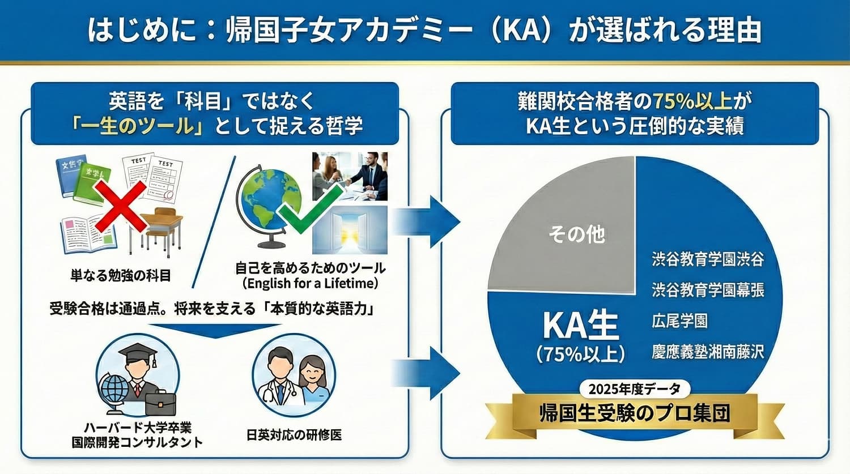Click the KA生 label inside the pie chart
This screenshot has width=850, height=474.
580,325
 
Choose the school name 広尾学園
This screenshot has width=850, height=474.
679,321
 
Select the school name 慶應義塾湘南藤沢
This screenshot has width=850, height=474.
708,352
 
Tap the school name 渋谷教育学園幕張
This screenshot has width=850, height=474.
708,291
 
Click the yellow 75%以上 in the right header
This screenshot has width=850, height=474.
692,101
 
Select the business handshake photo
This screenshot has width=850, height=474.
350,176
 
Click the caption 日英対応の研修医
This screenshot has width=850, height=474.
294,435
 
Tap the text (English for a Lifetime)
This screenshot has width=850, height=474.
310,283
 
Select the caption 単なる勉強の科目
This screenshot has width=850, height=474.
121,276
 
